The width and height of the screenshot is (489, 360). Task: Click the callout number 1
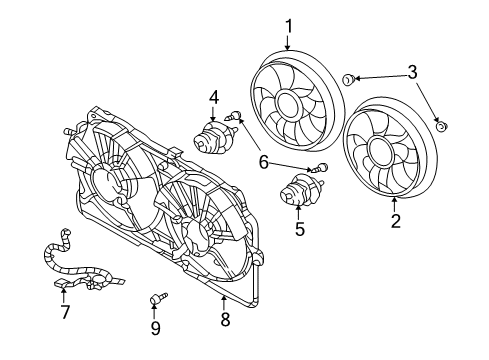[x=288, y=26]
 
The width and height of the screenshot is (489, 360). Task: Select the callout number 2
[x=395, y=222]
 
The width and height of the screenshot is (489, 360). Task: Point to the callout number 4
[x=213, y=97]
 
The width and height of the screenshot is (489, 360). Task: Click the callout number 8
[x=225, y=319]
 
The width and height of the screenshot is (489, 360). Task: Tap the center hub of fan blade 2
[x=382, y=152]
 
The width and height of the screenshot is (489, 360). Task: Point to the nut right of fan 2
[x=441, y=126]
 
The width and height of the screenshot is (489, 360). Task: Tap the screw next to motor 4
[x=236, y=117]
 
